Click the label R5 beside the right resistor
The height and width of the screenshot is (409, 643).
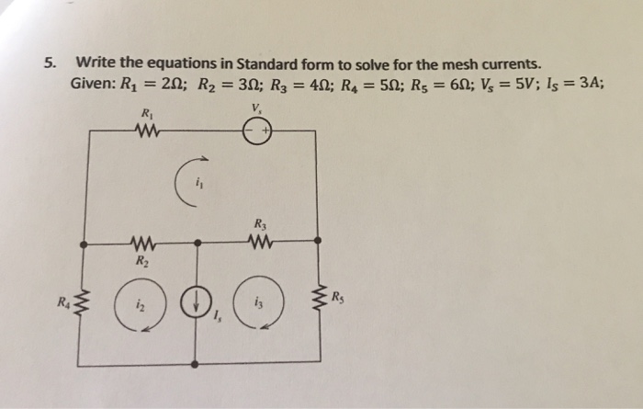338,295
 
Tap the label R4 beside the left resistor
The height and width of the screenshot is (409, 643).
64,300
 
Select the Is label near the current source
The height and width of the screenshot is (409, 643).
217,321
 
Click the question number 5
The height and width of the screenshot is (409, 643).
53,64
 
